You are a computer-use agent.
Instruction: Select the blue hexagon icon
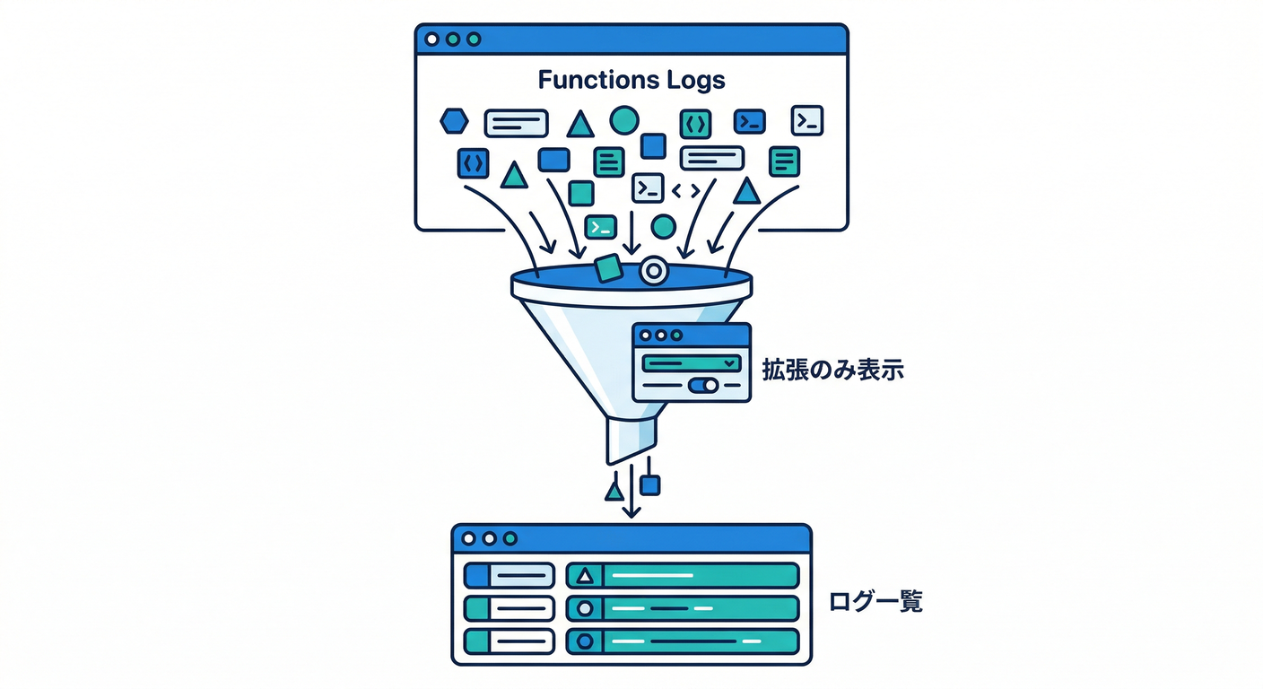tap(455, 119)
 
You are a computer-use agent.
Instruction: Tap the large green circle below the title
tap(624, 119)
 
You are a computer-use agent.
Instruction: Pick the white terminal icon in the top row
tap(806, 121)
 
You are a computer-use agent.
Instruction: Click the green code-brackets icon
tap(695, 122)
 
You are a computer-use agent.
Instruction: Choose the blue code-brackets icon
tap(473, 162)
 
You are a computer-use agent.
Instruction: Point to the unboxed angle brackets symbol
tap(685, 189)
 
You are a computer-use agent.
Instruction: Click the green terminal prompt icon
tap(600, 226)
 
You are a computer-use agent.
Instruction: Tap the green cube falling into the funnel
tap(608, 267)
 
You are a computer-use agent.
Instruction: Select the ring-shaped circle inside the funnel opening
tap(654, 270)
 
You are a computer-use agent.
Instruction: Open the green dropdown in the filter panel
tap(692, 362)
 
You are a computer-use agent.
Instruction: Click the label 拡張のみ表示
tap(832, 370)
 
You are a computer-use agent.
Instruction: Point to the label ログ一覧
tap(875, 601)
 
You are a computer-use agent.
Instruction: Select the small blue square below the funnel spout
tap(650, 485)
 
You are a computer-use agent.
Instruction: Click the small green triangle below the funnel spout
tap(614, 491)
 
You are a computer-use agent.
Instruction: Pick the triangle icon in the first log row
tap(586, 575)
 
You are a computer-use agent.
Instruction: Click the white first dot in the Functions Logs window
tap(431, 39)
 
